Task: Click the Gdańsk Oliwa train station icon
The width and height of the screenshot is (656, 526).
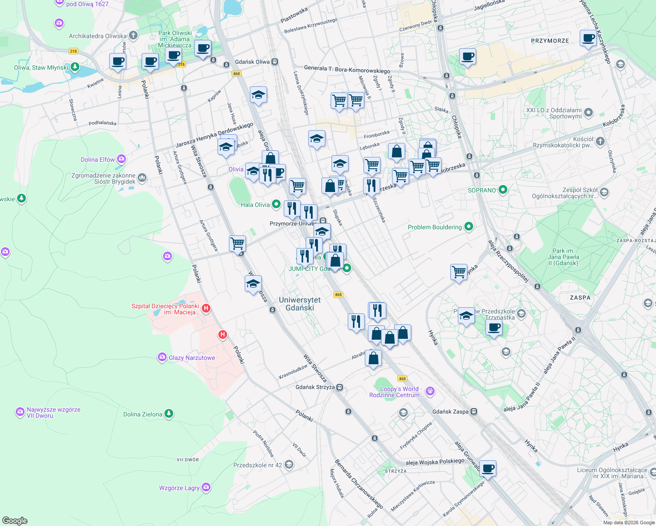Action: click(275, 62)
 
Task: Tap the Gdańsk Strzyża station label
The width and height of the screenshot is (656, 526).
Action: click(315, 387)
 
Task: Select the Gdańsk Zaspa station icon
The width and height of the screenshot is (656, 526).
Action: click(474, 412)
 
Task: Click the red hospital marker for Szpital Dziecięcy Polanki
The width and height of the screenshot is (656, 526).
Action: click(206, 309)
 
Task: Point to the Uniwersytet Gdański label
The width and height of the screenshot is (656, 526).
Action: click(300, 304)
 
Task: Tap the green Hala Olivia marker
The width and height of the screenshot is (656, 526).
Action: click(276, 204)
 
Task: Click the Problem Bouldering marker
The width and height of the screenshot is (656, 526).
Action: click(468, 227)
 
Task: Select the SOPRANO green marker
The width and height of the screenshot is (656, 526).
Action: click(503, 190)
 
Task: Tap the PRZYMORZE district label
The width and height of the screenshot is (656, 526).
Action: click(550, 41)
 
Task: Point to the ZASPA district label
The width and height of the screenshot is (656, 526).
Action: click(580, 298)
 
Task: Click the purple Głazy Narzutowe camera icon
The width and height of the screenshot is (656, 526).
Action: click(162, 357)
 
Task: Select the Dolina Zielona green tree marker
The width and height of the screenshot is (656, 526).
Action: click(168, 414)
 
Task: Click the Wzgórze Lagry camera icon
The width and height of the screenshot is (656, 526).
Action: click(206, 487)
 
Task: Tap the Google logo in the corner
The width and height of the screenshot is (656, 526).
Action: click(15, 520)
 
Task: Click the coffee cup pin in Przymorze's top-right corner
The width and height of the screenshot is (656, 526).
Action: click(588, 38)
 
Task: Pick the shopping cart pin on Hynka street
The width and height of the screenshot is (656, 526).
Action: click(459, 272)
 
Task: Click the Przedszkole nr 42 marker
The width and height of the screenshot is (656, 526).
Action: click(289, 465)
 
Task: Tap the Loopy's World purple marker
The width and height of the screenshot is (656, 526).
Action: click(430, 391)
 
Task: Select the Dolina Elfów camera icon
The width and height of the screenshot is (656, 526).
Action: click(121, 159)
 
